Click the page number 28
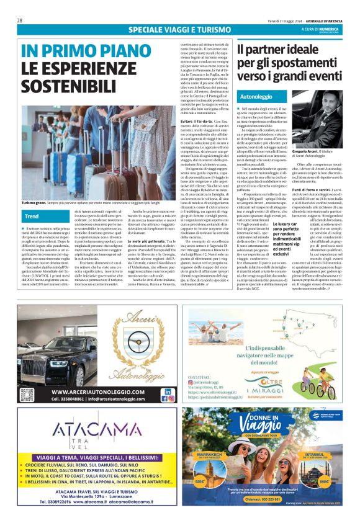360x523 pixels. [20, 20]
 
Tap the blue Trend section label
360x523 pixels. [31, 217]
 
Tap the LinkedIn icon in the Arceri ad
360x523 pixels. [167, 391]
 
